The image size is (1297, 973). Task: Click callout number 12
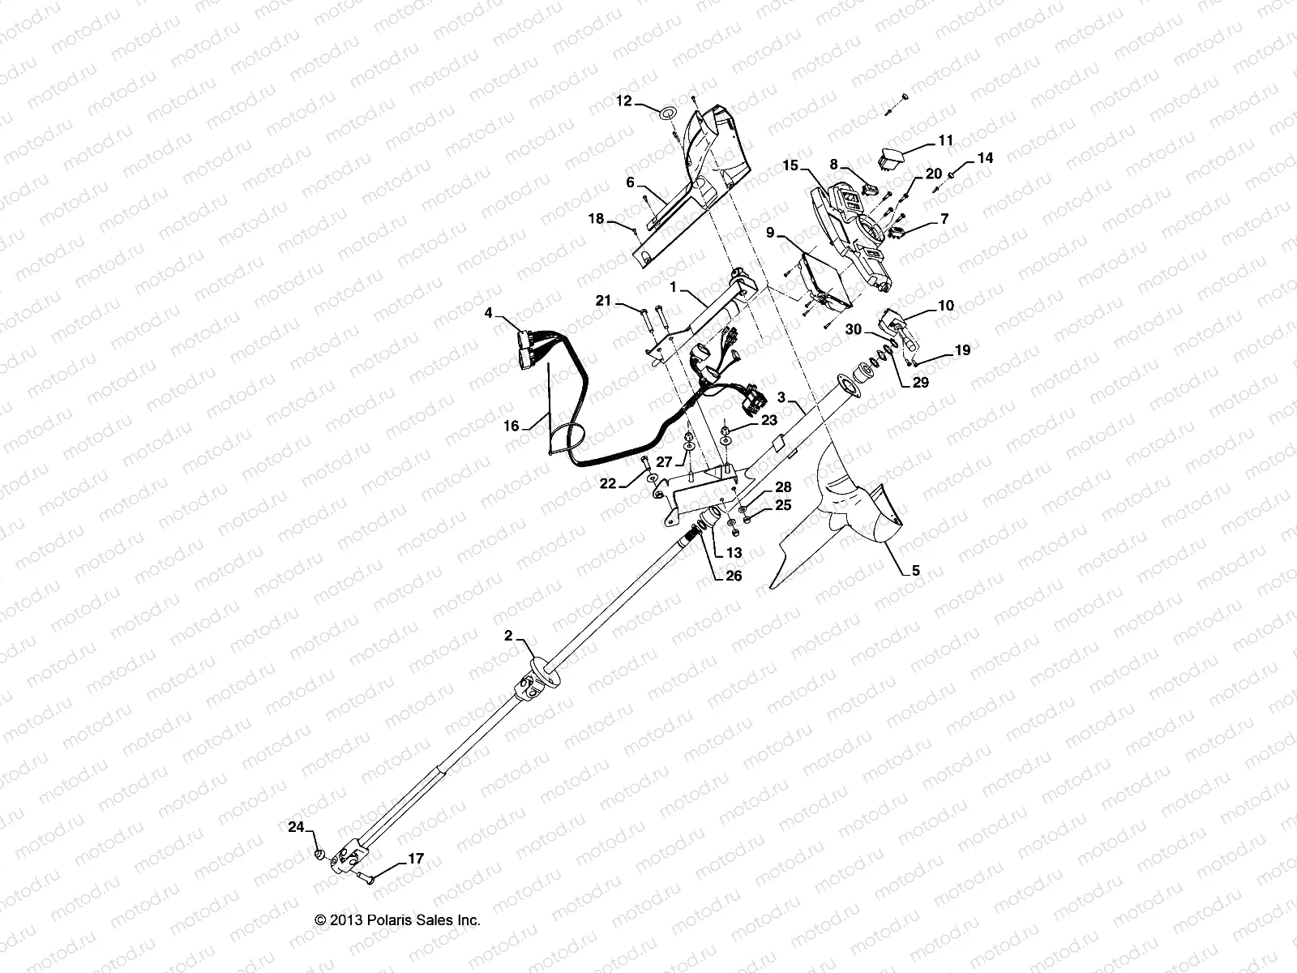[x=623, y=101]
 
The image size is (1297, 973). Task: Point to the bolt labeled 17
[x=371, y=876]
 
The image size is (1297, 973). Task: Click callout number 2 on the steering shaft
[x=508, y=637]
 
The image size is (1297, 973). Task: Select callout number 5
[x=915, y=571]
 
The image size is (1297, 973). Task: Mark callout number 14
[x=984, y=158]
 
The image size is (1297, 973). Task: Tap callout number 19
[x=962, y=350]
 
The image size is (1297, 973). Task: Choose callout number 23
[x=768, y=421]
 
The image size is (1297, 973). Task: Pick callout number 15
[x=790, y=166]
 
